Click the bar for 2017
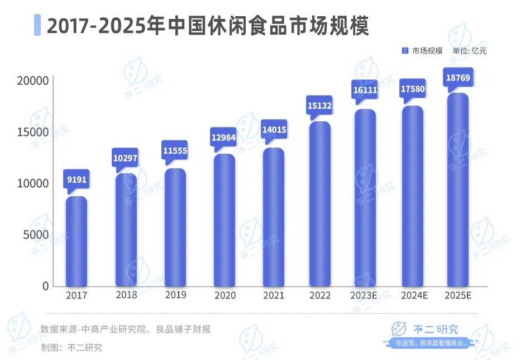click(x=77, y=241)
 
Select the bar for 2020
click(x=225, y=220)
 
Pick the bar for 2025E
click(x=459, y=190)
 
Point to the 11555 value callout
click(x=175, y=151)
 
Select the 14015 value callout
click(x=274, y=130)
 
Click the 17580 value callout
click(x=413, y=89)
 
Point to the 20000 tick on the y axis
click(x=32, y=82)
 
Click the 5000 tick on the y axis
click(x=36, y=235)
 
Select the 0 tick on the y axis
click(x=46, y=286)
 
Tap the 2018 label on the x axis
click(x=126, y=295)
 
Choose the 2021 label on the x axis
click(x=274, y=295)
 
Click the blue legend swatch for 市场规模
click(x=405, y=51)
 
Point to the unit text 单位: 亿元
click(x=470, y=51)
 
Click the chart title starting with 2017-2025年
click(x=207, y=26)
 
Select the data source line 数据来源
click(x=126, y=329)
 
